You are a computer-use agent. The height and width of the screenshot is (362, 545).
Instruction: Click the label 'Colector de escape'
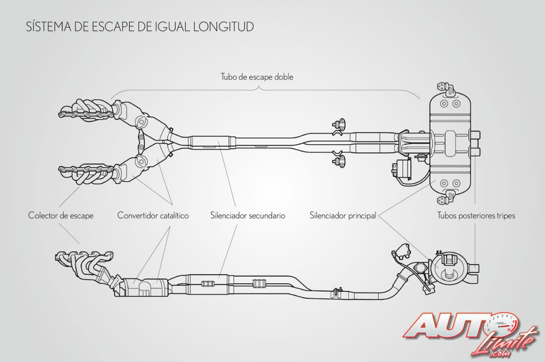tap(61, 216)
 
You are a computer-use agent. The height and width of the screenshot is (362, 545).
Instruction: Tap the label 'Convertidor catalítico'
tap(153, 216)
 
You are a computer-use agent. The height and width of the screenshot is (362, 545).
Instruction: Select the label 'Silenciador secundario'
tap(248, 216)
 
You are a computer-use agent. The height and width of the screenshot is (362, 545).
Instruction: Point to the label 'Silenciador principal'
tap(342, 216)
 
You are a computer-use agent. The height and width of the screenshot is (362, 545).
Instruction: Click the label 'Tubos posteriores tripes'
tap(476, 216)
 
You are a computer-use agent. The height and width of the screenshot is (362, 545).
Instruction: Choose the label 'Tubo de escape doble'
tap(257, 77)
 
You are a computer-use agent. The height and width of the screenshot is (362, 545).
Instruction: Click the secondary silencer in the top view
tap(212, 142)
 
